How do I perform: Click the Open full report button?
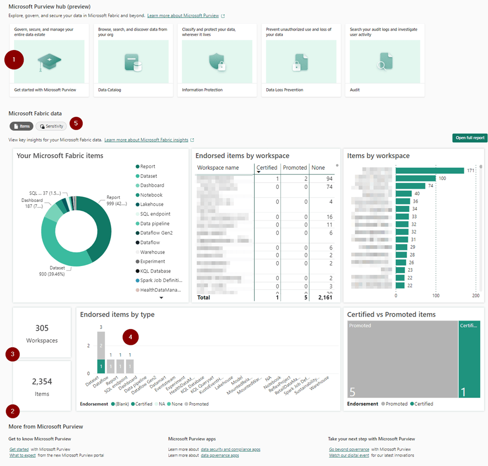pyautogui.click(x=469, y=138)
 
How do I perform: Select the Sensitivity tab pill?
pyautogui.click(x=51, y=126)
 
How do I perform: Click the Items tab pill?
pyautogui.click(x=22, y=126)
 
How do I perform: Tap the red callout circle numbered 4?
pyautogui.click(x=131, y=337)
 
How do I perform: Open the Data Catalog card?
pyautogui.click(x=133, y=60)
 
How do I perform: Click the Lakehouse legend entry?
pyautogui.click(x=152, y=204)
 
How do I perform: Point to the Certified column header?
pyautogui.click(x=266, y=168)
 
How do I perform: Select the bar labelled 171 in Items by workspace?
pyautogui.click(x=429, y=170)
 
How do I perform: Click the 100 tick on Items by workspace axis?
pyautogui.click(x=435, y=296)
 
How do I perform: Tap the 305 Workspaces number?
pyautogui.click(x=42, y=328)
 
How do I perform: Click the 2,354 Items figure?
pyautogui.click(x=42, y=382)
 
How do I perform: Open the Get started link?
pyautogui.click(x=19, y=449)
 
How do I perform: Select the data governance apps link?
pyautogui.click(x=220, y=455)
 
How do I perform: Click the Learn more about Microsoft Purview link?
pyautogui.click(x=183, y=16)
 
